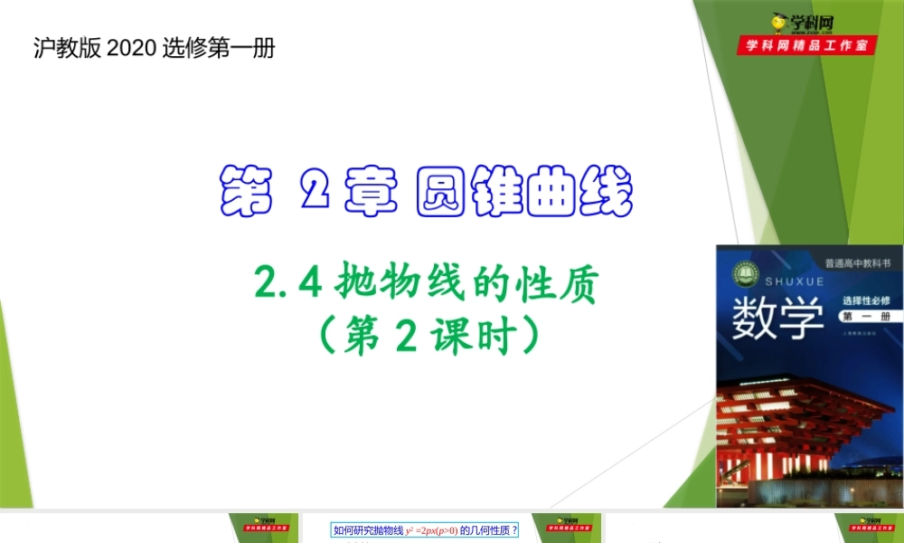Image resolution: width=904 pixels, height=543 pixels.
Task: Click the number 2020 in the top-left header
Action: tap(132, 48)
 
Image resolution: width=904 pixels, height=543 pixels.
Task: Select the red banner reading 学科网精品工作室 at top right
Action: tap(807, 45)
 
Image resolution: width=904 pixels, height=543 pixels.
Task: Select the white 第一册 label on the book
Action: tap(865, 317)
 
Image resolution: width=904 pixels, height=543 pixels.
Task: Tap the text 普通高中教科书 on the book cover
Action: tap(857, 264)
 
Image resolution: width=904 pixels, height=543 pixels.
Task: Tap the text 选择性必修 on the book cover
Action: tap(866, 300)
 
